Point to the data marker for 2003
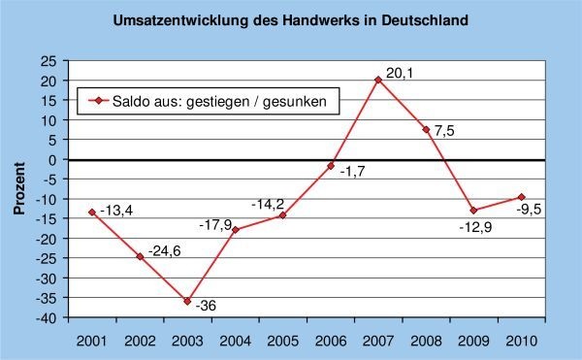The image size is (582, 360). (x=187, y=301)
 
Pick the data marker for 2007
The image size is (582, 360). (x=378, y=80)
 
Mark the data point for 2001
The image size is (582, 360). (x=92, y=212)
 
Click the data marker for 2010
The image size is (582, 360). (x=522, y=197)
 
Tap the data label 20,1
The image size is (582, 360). (x=399, y=72)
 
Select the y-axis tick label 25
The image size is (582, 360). (x=48, y=60)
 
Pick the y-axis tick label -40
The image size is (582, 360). (x=46, y=317)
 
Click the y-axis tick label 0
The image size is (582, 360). (x=51, y=159)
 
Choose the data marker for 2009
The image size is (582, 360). (x=473, y=211)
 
